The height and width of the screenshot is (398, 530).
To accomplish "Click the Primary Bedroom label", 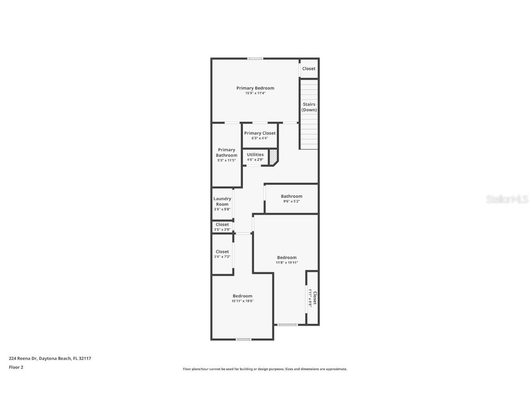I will tap(255, 88).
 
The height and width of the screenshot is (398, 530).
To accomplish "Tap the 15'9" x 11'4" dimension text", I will tap(255, 94).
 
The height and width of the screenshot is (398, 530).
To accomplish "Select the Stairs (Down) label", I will tap(309, 107).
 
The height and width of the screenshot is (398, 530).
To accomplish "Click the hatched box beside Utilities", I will tap(273, 156).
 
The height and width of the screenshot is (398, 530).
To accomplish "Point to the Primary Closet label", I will tap(260, 133).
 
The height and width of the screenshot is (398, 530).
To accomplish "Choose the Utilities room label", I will tap(255, 155).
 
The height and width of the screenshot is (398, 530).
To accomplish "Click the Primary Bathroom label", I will tap(226, 152).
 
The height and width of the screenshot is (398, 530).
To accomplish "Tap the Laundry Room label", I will tap(222, 201).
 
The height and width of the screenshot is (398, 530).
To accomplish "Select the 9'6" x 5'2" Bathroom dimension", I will tap(292, 201).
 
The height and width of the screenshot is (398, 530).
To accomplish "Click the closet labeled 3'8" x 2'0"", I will tap(222, 227).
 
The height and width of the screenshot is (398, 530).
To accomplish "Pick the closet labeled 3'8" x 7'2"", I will tap(222, 254).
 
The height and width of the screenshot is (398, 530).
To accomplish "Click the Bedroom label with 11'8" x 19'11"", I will tap(287, 258).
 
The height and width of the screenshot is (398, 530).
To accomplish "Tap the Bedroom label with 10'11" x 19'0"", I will tap(242, 296).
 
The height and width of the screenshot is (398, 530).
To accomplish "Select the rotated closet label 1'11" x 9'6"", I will tap(312, 298).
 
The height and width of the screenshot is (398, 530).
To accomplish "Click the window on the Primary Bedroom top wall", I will tap(255, 59).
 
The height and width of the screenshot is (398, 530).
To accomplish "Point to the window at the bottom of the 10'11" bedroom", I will tap(243, 339).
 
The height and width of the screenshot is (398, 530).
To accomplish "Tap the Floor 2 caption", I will tap(16, 367).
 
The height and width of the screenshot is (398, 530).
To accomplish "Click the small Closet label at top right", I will tap(309, 69).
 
